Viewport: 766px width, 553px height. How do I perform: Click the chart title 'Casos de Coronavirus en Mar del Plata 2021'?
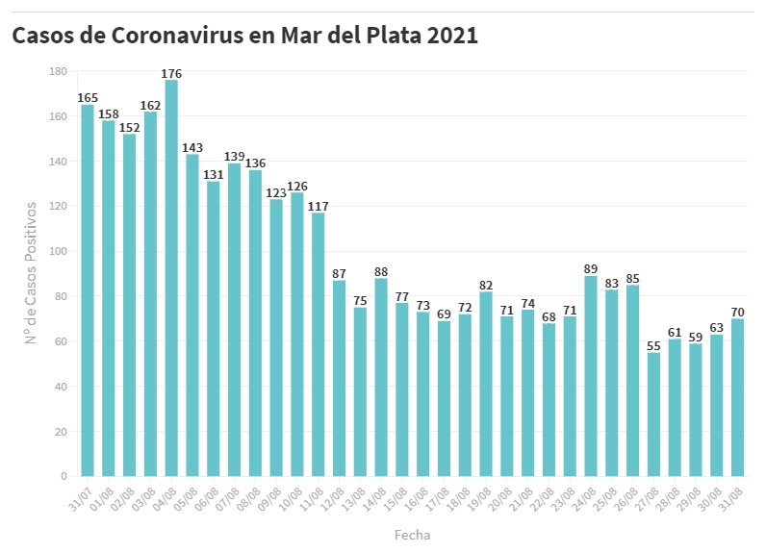[244, 36]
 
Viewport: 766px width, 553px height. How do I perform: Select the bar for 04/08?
[171, 279]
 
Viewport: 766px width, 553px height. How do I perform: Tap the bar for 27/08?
[654, 415]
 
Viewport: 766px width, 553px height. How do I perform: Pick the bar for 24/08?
[591, 376]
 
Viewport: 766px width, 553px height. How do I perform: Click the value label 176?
[171, 73]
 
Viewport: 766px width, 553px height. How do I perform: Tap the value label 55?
[654, 346]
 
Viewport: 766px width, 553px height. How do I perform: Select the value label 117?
[319, 206]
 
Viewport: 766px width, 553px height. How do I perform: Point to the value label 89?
[591, 269]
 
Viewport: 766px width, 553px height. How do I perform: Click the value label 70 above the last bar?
[737, 312]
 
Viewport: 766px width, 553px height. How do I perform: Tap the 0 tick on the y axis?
[64, 476]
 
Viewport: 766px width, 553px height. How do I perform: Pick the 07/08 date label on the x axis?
[227, 497]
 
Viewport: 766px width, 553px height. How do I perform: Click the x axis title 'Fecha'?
[412, 534]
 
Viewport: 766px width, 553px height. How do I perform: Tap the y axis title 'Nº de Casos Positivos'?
[31, 273]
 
